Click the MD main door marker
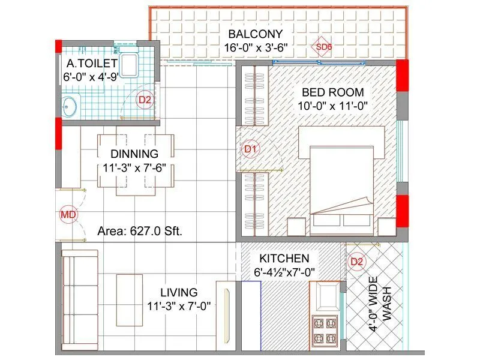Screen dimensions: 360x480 [67, 214]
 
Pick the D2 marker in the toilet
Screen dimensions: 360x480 [144, 100]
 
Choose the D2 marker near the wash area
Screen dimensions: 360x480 [357, 262]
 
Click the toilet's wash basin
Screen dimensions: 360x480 [70, 107]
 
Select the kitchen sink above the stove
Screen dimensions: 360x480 [325, 296]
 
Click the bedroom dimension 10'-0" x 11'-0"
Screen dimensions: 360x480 [333, 106]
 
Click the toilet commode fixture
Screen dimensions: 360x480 [128, 64]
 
